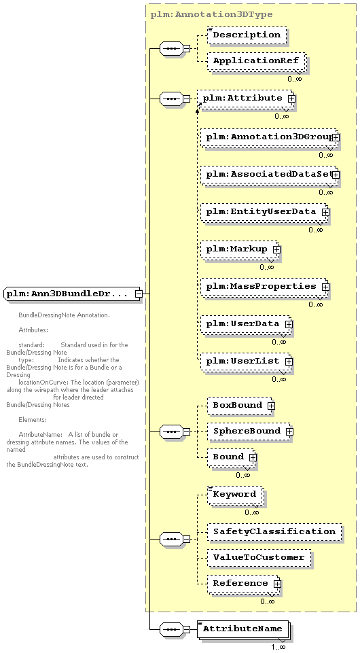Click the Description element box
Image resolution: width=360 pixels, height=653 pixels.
coord(247,35)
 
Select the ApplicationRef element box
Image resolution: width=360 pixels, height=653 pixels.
coord(256,60)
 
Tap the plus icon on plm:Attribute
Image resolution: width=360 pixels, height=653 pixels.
coord(292,99)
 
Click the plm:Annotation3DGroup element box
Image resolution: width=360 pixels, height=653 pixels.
coord(269,137)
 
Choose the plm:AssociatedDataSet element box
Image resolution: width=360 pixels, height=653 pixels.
coord(269,175)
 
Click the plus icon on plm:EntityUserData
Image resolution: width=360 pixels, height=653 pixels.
coord(325,212)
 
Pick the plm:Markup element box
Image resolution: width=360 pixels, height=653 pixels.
coord(240,249)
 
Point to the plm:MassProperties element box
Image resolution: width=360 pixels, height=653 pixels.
coord(264,287)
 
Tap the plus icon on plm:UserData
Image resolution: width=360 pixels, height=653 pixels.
coord(289,324)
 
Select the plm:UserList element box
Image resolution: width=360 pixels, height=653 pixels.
coord(246,361)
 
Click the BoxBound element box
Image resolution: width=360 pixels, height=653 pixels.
coord(240,406)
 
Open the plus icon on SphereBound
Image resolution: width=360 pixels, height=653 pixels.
coord(289,432)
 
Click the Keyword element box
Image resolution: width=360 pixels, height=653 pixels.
coord(235,495)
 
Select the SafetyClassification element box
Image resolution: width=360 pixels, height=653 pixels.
coord(274,532)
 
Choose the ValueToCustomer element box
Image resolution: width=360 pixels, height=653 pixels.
coord(259,558)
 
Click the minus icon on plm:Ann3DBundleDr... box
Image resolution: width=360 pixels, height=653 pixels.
coord(139,294)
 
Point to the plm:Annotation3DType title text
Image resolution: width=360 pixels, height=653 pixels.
coord(212,14)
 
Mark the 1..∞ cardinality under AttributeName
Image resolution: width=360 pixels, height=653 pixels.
coord(278,647)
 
